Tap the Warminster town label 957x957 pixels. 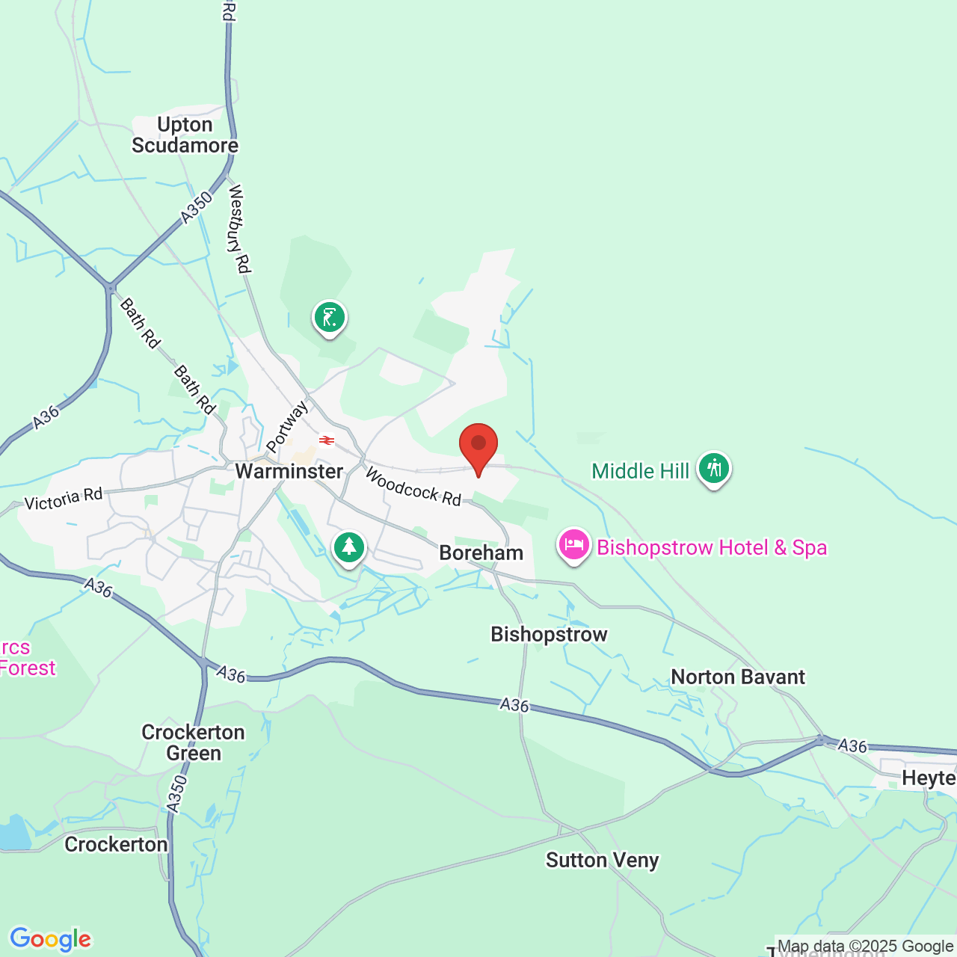[289, 471]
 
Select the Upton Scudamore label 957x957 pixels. [185, 135]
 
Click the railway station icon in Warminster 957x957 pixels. [327, 440]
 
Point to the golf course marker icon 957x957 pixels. [330, 317]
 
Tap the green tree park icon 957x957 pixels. [348, 547]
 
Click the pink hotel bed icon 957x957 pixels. [573, 545]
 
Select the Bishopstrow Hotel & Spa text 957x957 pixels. [712, 547]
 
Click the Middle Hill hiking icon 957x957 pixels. [714, 469]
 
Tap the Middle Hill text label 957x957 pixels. [641, 471]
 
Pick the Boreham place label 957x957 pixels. [481, 553]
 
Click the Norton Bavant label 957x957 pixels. [738, 677]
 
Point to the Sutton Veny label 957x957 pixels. [603, 861]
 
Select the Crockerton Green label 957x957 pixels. [194, 742]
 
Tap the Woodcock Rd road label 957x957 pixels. [413, 487]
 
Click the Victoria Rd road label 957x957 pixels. [64, 499]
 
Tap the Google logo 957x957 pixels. [50, 939]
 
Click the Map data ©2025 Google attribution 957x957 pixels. [865, 947]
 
